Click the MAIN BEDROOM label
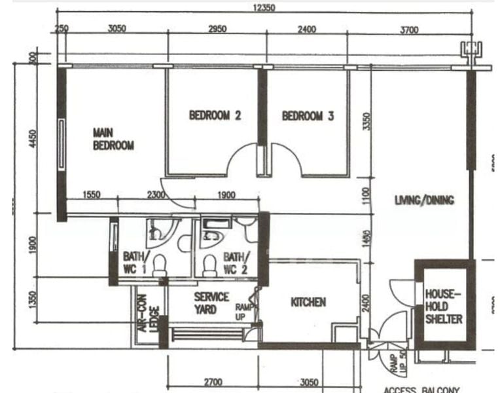tap(113, 139)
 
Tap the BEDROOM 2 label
tap(215, 116)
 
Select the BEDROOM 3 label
tap(308, 116)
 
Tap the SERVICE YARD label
tap(211, 303)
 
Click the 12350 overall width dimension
tap(264, 8)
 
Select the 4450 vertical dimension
tap(33, 139)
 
